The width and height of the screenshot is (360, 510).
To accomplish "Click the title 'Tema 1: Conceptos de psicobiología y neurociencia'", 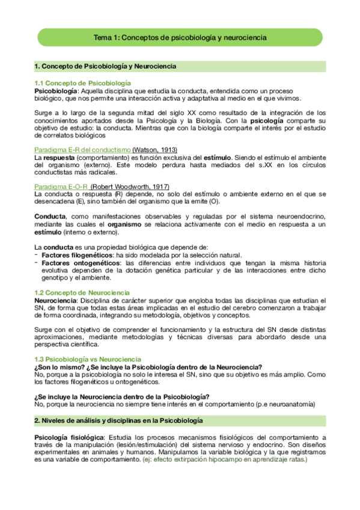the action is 180,37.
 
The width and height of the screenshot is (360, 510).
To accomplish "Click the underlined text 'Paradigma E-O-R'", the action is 62,186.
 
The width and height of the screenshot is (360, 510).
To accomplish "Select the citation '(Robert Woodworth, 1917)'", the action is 130,186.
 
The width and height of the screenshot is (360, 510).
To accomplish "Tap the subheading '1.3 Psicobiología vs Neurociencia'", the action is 88,358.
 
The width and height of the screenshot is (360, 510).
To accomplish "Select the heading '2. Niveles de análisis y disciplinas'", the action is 118,420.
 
